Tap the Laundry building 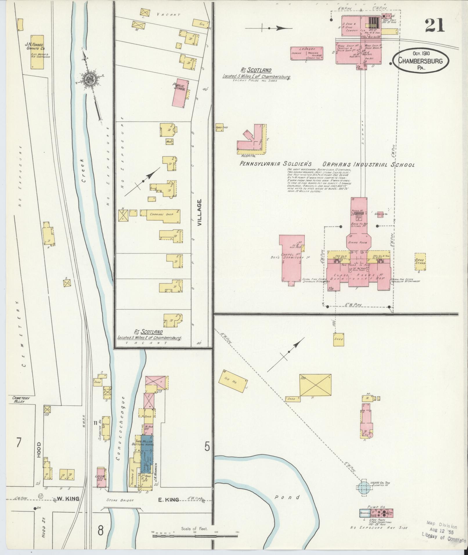coord(307,53)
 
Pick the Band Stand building coord(420,261)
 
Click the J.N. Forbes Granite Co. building coord(37,52)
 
